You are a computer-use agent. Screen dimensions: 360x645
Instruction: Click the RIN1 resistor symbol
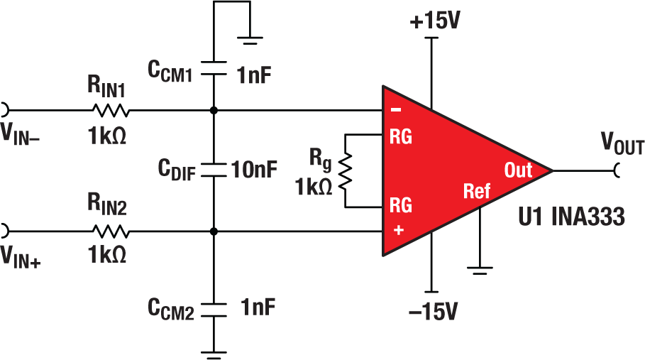click(x=109, y=111)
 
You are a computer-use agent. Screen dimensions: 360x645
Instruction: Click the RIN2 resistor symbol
click(x=109, y=231)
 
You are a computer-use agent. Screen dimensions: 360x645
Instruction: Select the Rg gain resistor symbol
click(x=346, y=171)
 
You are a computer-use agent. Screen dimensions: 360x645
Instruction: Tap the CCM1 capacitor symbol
click(x=214, y=68)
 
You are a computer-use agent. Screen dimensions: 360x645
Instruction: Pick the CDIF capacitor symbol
click(x=214, y=170)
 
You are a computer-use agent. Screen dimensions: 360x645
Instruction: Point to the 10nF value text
click(x=253, y=170)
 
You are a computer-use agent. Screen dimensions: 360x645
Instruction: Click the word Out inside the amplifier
click(x=518, y=170)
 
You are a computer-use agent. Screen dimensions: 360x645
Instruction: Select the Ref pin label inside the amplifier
click(x=477, y=191)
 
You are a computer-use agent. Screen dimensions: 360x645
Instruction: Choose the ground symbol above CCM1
click(x=251, y=40)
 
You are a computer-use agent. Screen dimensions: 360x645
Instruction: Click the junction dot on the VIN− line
click(x=214, y=111)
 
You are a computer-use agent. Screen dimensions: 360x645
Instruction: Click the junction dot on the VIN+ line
click(x=214, y=231)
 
